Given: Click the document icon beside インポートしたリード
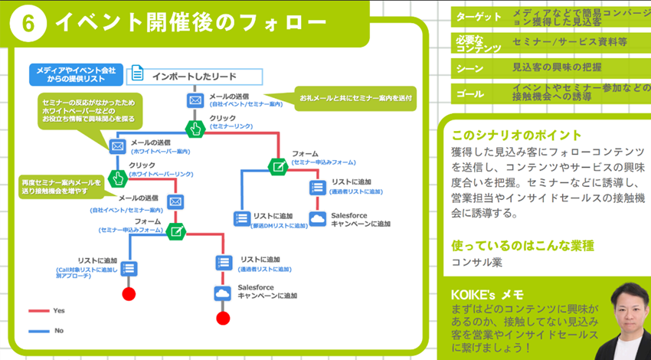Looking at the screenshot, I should click(137, 74).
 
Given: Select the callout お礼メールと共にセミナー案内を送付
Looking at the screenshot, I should click(355, 98).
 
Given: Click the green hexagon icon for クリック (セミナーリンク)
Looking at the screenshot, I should click(195, 129).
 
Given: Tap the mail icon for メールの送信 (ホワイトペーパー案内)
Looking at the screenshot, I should click(117, 146).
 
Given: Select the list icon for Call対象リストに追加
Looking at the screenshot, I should click(129, 267).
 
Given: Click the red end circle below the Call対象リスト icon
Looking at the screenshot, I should click(129, 295).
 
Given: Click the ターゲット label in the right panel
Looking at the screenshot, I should click(478, 17).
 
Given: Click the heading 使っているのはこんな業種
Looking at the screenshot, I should click(523, 246).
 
